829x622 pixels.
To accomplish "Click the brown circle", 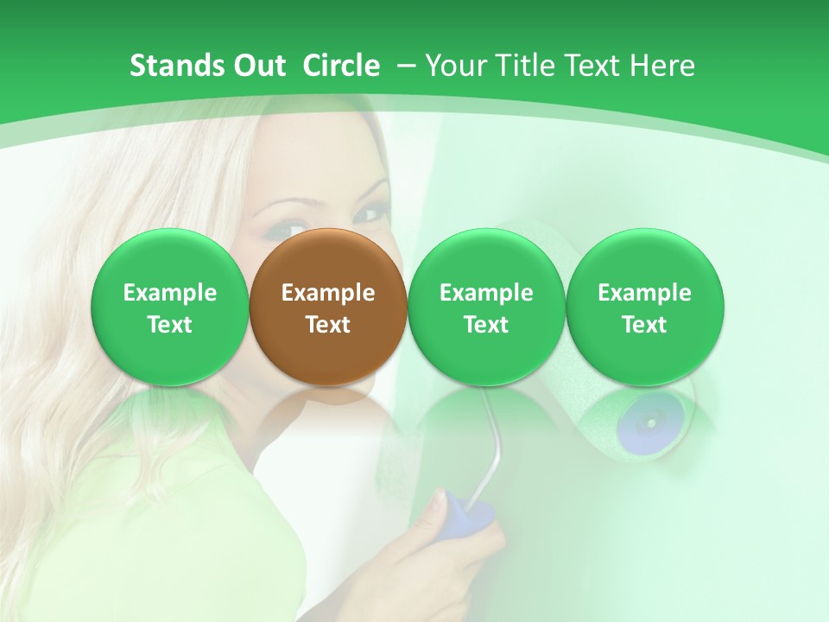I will coord(328,307).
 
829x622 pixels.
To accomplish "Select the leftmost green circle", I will coord(169,307).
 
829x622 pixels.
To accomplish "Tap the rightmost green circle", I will coord(644,307).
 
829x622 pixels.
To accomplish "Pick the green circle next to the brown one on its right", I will coord(486,307).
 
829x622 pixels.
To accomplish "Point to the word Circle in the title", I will coord(341,66).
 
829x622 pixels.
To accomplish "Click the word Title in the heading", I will coord(522,66).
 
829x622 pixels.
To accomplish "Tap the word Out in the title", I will coord(256,66).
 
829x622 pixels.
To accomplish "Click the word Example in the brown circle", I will coord(328,293).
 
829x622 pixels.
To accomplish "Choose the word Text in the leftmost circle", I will coord(169,325).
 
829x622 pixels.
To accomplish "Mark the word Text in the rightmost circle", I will coord(644,325).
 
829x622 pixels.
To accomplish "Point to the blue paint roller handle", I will coord(471,516).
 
